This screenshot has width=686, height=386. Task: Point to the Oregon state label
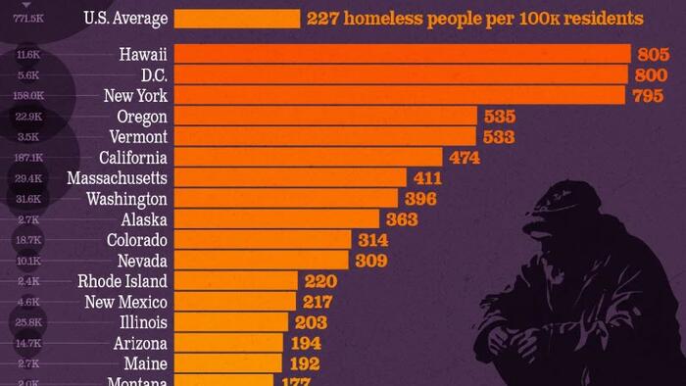141,116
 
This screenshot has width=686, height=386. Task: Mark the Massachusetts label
118,177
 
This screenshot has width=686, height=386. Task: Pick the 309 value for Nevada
368,261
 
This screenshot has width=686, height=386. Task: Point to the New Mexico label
126,302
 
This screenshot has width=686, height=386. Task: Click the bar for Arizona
229,343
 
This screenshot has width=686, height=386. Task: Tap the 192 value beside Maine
305,363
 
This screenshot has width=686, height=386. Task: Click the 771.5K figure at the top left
29,18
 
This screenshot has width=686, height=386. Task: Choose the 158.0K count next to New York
29,96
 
